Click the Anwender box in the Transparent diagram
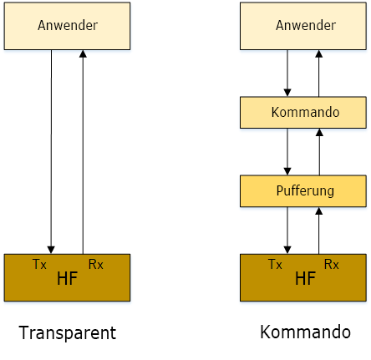(67, 26)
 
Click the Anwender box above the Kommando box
(303, 26)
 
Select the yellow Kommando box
(303, 113)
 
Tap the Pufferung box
(303, 191)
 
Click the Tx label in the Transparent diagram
(39, 264)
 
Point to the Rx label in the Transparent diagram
(95, 264)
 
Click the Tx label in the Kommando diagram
(275, 264)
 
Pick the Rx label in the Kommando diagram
(332, 264)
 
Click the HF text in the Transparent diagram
(67, 278)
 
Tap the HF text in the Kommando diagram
(305, 278)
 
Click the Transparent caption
(68, 332)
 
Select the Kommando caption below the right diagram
(305, 332)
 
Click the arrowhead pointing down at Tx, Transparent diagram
(51, 250)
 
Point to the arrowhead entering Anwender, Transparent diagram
(83, 54)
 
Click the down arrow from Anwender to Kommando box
(287, 74)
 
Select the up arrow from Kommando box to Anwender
(319, 74)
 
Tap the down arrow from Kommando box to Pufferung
(287, 152)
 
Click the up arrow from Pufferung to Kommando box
(319, 152)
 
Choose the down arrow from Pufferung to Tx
(287, 231)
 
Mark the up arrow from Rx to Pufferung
(319, 231)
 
